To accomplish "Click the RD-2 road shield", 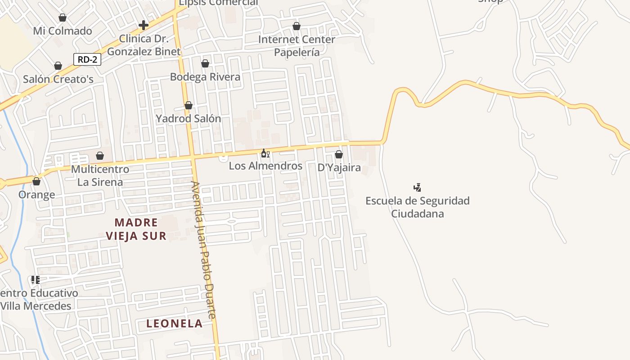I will point(87,59).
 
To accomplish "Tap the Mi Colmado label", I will point(63,31).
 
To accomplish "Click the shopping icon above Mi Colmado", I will point(63,18).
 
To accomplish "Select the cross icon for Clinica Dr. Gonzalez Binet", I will point(144,25).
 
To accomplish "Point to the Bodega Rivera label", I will point(205,77).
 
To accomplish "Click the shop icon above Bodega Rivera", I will point(205,64).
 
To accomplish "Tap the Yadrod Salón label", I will point(188,119).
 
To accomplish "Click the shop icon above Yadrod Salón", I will point(189,106).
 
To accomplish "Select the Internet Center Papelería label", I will point(297,46).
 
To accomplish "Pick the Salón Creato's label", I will point(58,79).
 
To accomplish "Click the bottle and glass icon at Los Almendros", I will point(265,153).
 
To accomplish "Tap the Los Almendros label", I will point(265,166).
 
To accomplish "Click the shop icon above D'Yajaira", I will point(339,155).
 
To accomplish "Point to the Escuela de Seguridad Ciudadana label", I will point(417,207).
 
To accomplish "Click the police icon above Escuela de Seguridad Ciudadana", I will point(418,187).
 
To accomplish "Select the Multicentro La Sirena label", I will point(100,176).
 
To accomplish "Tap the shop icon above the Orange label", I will point(36,182).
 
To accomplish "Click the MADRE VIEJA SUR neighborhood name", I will point(136,229).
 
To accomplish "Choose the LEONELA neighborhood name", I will point(174,324).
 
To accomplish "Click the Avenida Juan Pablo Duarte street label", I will point(204,250).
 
